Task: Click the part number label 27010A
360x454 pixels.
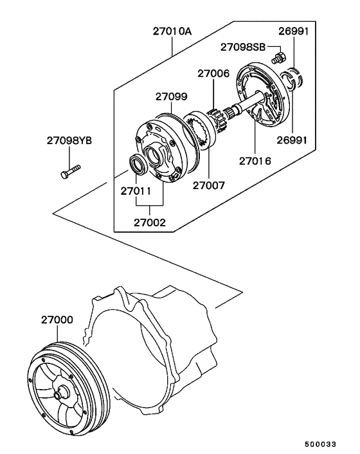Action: pos(172,31)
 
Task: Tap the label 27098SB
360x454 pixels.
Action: pos(243,47)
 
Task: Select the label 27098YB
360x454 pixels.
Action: pos(69,141)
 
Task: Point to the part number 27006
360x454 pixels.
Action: pos(213,73)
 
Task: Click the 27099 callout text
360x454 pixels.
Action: pos(171,96)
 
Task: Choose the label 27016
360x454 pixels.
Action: pos(255,161)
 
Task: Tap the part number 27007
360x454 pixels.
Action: pos(209,185)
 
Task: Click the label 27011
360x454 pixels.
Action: pos(136,191)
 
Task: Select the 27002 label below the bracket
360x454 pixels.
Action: pos(150,222)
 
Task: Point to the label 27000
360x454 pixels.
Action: pos(57,320)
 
